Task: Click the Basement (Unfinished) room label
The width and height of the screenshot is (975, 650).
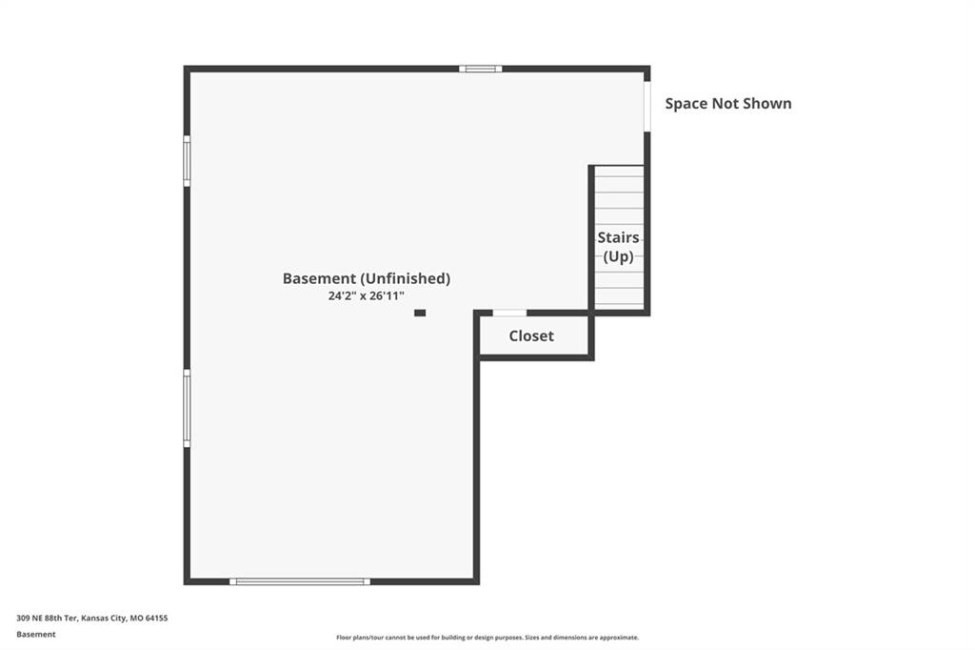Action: (x=367, y=278)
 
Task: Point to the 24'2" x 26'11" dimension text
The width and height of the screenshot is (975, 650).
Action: (x=367, y=295)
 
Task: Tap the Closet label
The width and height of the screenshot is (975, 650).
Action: (x=531, y=335)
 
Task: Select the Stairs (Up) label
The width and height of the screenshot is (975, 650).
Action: (x=619, y=247)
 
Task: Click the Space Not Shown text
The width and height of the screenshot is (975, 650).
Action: (x=728, y=103)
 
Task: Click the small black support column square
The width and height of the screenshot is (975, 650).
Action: (x=420, y=313)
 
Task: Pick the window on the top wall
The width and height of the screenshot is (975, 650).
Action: (x=481, y=69)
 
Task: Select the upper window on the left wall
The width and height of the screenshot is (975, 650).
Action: (x=187, y=161)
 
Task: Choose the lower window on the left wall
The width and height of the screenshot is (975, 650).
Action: (x=187, y=408)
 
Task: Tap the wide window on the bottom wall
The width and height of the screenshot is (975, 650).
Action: (x=300, y=581)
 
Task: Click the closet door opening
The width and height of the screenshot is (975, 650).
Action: (x=510, y=313)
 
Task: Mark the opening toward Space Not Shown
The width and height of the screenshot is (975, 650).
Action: (x=647, y=107)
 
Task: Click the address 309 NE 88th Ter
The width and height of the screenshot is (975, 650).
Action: (x=47, y=619)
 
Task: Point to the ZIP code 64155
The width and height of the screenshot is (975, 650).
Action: (x=157, y=619)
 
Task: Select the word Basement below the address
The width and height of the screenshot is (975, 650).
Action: (x=36, y=635)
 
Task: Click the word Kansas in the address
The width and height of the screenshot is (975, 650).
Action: (x=94, y=619)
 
